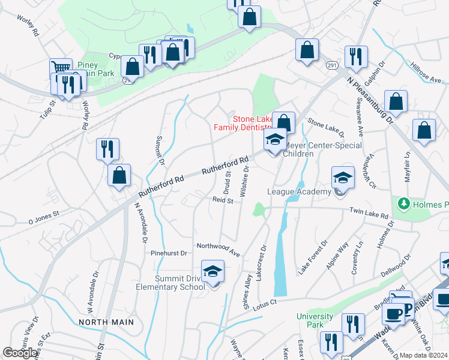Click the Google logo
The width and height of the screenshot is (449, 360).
pyautogui.click(x=20, y=353)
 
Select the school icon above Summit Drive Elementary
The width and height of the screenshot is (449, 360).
pyautogui.click(x=212, y=272)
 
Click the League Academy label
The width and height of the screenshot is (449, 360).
pyautogui.click(x=299, y=192)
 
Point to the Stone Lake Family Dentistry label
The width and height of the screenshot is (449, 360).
pyautogui.click(x=243, y=122)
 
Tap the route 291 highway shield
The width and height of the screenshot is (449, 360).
pyautogui.click(x=331, y=65)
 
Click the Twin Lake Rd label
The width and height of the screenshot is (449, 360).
pyautogui.click(x=369, y=214)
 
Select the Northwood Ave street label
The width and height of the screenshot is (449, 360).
pyautogui.click(x=218, y=248)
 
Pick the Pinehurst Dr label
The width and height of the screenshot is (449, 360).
pyautogui.click(x=169, y=253)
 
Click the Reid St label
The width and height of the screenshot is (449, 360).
pyautogui.click(x=222, y=200)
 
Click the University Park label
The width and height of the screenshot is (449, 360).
pyautogui.click(x=315, y=320)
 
